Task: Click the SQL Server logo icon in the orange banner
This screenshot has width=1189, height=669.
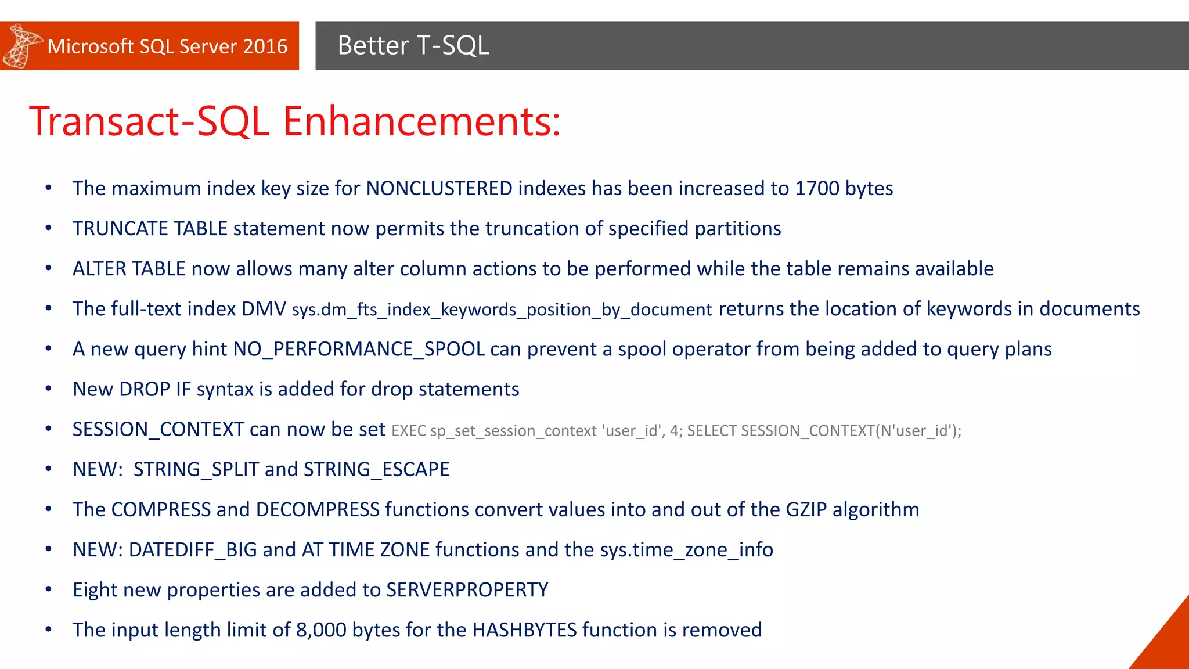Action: (21, 46)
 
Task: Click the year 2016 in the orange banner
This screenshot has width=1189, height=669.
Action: (265, 46)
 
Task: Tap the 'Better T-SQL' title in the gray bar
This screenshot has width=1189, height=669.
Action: (413, 46)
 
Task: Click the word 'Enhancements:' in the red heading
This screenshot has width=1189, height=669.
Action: (421, 121)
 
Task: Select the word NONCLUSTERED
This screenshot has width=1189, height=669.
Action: (439, 189)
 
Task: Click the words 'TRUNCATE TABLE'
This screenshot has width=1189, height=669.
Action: (150, 229)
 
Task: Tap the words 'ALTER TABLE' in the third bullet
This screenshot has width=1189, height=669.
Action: (129, 269)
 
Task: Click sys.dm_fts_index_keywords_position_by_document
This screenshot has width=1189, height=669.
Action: (502, 310)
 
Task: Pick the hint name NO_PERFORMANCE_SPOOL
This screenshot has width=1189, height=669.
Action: (359, 350)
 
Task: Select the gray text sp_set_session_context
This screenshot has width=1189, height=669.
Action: (513, 431)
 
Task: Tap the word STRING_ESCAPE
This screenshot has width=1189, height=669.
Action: (376, 470)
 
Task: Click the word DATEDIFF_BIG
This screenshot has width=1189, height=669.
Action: (193, 550)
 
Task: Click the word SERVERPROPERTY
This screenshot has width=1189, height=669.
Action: (467, 590)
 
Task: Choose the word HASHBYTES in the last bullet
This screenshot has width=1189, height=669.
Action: (524, 630)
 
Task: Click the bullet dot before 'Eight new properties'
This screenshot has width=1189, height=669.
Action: (49, 589)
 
